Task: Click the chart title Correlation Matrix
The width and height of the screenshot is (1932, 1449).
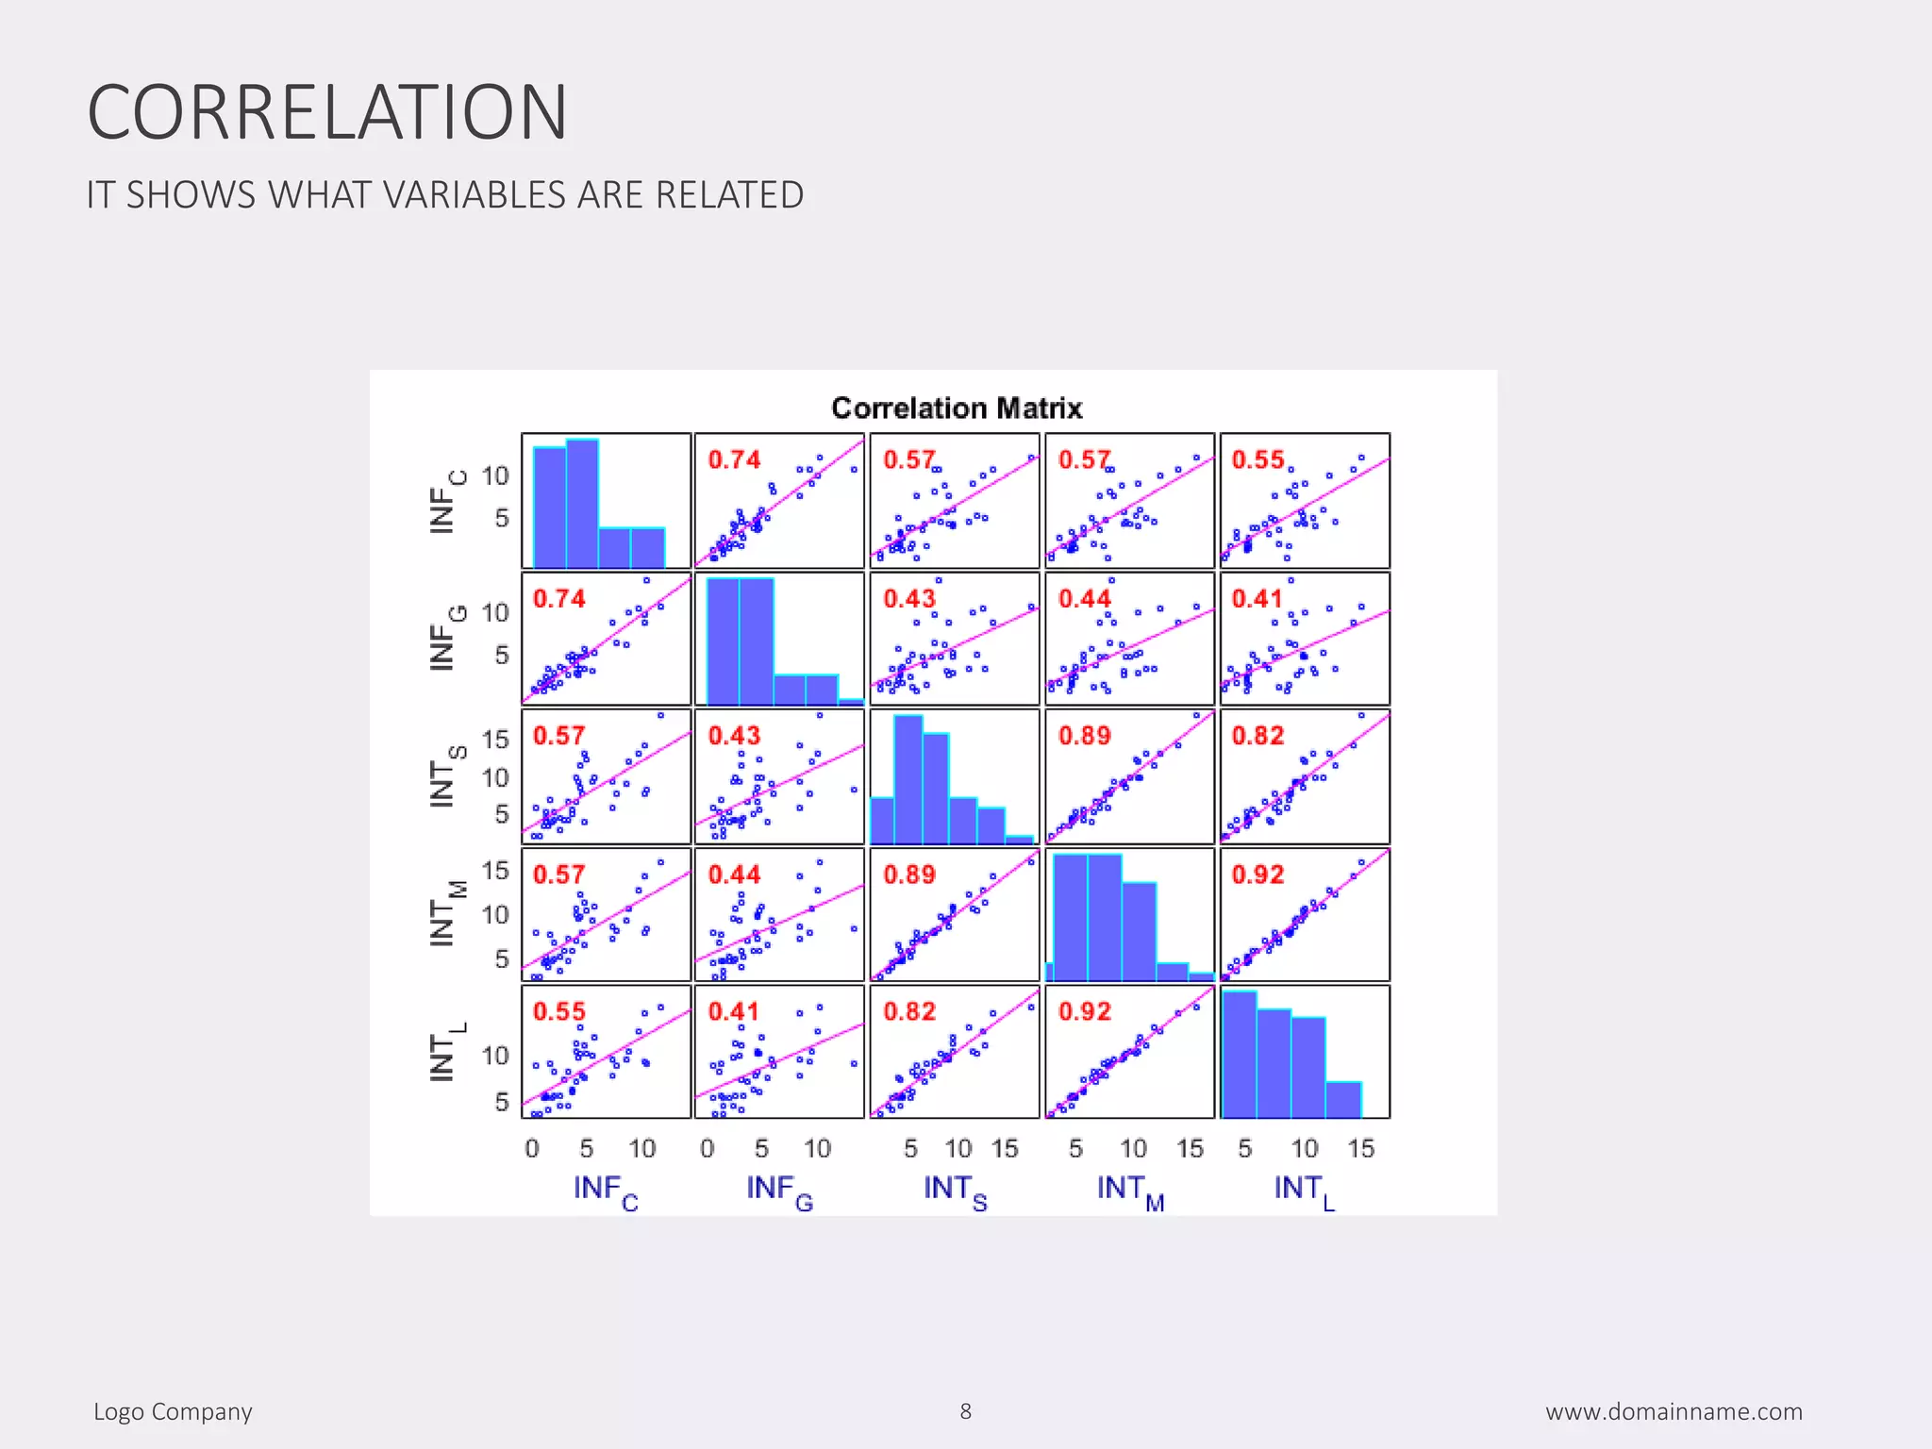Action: pyautogui.click(x=957, y=408)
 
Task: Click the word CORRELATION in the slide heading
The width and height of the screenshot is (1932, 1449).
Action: pyautogui.click(x=327, y=112)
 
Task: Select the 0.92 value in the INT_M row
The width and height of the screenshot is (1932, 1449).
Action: pyautogui.click(x=1257, y=874)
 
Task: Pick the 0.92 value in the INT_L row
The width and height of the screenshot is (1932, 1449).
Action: pyautogui.click(x=1084, y=1011)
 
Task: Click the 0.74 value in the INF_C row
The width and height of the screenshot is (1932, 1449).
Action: pyautogui.click(x=734, y=459)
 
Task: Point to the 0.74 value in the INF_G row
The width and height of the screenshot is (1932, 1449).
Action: pyautogui.click(x=558, y=598)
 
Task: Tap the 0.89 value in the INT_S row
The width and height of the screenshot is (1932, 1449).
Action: pyautogui.click(x=1084, y=735)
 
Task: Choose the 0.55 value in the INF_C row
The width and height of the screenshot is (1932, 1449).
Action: pyautogui.click(x=1257, y=459)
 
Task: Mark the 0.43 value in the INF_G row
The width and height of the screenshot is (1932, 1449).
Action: pyautogui.click(x=908, y=598)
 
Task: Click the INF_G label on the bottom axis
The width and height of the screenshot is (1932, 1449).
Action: pyautogui.click(x=779, y=1191)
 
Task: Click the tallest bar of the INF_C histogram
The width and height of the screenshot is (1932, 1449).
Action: pyautogui.click(x=582, y=504)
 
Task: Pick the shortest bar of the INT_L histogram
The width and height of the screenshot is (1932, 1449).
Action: pyautogui.click(x=1343, y=1100)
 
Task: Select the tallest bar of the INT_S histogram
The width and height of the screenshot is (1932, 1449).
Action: pyautogui.click(x=908, y=779)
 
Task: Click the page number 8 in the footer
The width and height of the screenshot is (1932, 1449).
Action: pyautogui.click(x=965, y=1411)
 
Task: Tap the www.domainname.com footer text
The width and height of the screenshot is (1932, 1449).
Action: pyautogui.click(x=1674, y=1412)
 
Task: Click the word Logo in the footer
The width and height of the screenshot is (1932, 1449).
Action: pyautogui.click(x=119, y=1412)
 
